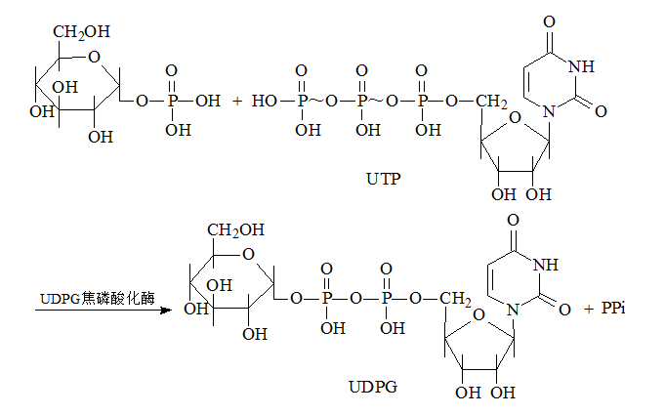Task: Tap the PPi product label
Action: (612, 309)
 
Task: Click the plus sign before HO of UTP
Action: (236, 100)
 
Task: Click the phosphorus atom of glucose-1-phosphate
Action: (172, 100)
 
